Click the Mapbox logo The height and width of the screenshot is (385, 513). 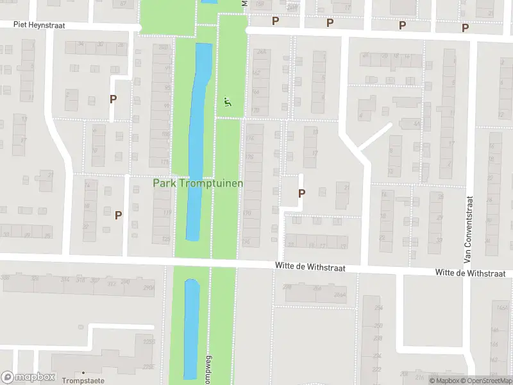coord(28,377)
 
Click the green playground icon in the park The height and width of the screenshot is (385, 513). coord(226,101)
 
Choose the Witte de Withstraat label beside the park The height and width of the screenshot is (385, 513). coord(310,266)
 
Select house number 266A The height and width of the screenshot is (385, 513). coord(340,295)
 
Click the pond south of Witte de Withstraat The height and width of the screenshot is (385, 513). coord(191,329)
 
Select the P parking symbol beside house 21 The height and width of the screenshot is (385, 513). coord(301,193)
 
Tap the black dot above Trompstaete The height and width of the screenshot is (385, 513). coord(83,373)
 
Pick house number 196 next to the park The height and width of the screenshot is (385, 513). coord(247,241)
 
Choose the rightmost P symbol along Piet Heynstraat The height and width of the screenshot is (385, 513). coord(465,28)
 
